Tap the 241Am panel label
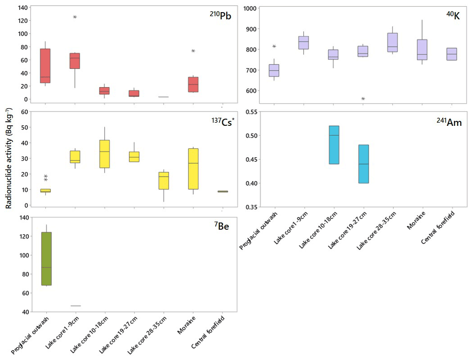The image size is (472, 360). (449, 122)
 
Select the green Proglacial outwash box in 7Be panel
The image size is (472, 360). (45, 258)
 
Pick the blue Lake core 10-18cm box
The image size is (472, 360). (334, 145)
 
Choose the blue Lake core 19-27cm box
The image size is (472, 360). (363, 164)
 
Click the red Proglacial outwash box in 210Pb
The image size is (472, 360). (45, 66)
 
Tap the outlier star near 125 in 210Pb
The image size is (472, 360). (75, 17)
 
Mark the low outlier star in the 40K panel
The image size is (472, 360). (363, 99)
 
